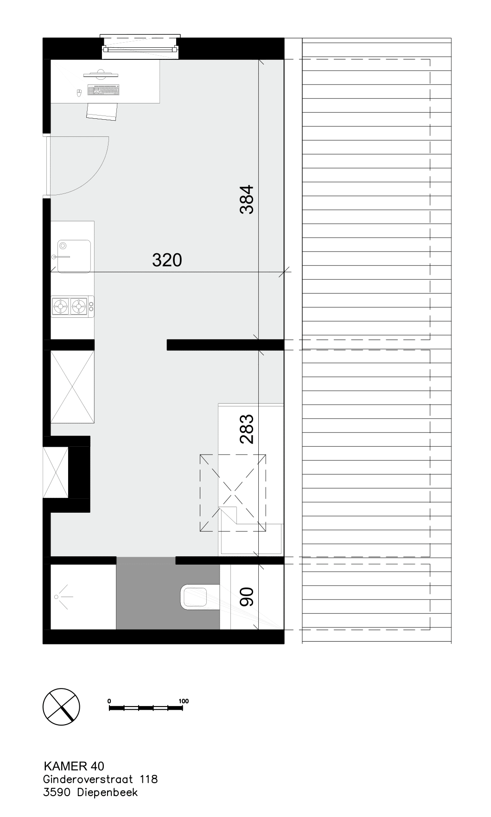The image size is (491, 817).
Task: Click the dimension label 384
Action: tap(247, 199)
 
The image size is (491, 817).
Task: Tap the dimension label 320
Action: tap(167, 260)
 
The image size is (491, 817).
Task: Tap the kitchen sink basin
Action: tap(73, 256)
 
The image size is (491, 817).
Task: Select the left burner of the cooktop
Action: tap(60, 306)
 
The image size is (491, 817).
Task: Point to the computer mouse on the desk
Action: tap(79, 92)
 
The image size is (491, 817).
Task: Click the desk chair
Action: tap(102, 111)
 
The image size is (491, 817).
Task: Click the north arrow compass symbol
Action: tap(61, 707)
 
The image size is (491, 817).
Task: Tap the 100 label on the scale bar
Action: tap(184, 701)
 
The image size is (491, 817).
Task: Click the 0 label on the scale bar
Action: tap(109, 701)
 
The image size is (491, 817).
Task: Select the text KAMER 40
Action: tap(74, 766)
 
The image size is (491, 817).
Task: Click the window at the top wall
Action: tap(140, 46)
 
